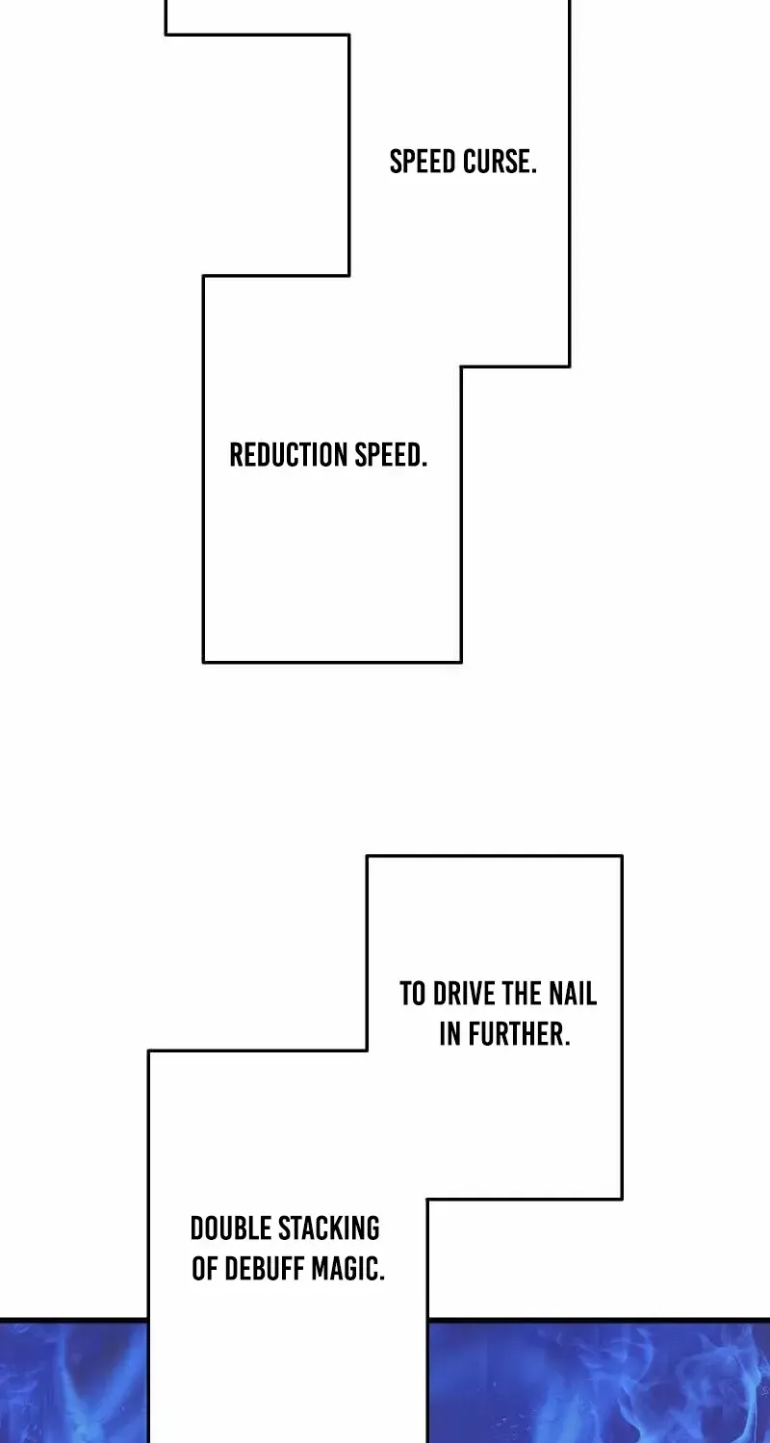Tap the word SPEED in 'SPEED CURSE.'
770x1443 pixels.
[x=423, y=162]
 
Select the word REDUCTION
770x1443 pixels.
[x=289, y=455]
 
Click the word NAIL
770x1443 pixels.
[x=573, y=994]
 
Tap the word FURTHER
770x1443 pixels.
[x=516, y=1034]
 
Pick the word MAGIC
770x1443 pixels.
[x=345, y=1270]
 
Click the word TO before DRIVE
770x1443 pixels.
[x=413, y=994]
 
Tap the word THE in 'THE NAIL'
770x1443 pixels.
[x=523, y=994]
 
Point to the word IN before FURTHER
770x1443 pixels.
[x=450, y=1034]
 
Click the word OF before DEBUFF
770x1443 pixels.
[x=205, y=1270]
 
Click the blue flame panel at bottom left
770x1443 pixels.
[x=73, y=1381]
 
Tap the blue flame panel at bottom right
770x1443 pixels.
[x=600, y=1381]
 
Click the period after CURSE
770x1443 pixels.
[x=533, y=172]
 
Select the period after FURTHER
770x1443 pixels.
[x=568, y=1045]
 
